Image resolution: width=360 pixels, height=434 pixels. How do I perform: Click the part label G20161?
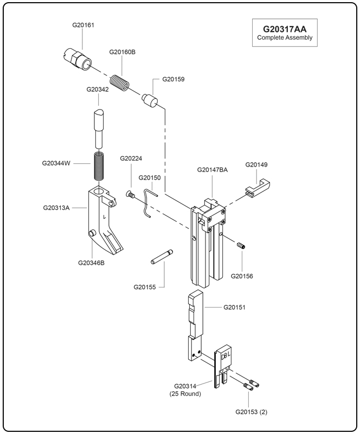[x=83, y=25]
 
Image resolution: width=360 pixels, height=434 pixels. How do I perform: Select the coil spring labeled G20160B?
[x=120, y=84]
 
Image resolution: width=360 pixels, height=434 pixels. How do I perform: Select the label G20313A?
[x=56, y=207]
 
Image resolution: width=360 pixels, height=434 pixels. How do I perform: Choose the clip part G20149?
[x=256, y=184]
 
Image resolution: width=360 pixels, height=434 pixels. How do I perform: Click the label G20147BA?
[x=212, y=170]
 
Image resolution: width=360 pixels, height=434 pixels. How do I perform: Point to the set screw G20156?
[x=241, y=246]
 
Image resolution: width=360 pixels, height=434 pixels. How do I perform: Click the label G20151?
[x=235, y=307]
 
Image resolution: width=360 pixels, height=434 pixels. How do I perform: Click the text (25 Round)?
[x=185, y=394]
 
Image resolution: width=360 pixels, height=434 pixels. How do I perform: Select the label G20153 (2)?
[x=251, y=412]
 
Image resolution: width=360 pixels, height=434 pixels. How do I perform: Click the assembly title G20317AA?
[x=285, y=29]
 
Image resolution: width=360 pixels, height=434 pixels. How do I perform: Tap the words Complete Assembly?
[x=285, y=38]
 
